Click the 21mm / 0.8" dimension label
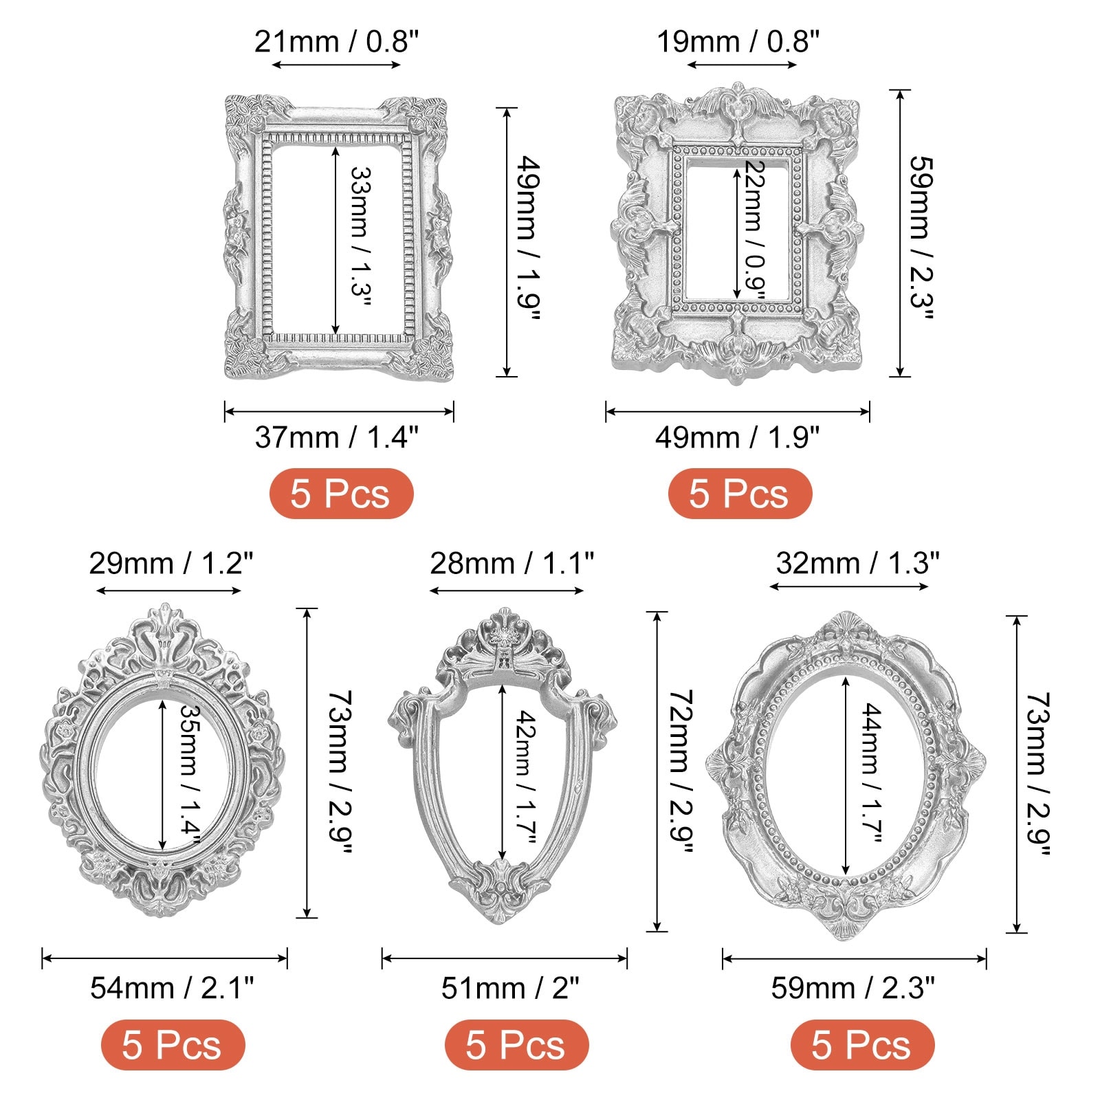[336, 42]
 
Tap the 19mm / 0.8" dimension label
[738, 42]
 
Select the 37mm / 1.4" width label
[336, 437]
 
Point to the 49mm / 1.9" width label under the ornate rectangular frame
[737, 437]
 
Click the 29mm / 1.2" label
[171, 564]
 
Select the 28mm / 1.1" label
[512, 564]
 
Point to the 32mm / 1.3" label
[857, 564]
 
